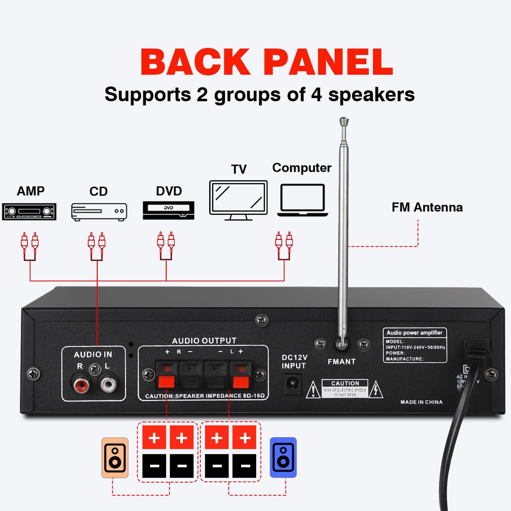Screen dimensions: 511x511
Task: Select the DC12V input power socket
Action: click(x=293, y=383)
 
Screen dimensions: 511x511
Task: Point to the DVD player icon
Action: click(x=169, y=210)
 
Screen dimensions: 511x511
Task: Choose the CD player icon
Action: click(x=99, y=212)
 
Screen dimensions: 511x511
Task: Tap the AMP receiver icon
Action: click(x=29, y=211)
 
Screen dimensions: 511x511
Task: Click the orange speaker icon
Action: click(x=115, y=458)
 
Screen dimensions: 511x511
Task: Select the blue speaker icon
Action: click(x=283, y=457)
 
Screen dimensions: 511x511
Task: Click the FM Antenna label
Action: click(x=427, y=208)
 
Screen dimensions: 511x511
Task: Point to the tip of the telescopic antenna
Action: click(x=344, y=121)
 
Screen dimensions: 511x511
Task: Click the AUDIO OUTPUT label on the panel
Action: click(x=204, y=341)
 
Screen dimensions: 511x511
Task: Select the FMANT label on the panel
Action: click(x=341, y=362)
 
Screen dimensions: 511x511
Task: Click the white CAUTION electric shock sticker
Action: click(x=345, y=388)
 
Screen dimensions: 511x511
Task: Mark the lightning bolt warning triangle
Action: click(x=376, y=390)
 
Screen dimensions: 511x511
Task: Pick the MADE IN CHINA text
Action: click(x=422, y=402)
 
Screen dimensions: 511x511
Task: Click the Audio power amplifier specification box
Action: click(x=415, y=345)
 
